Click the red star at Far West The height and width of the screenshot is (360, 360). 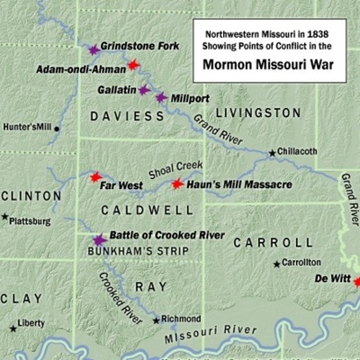[x=96, y=177]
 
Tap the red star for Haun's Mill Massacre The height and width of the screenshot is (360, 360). [x=178, y=184]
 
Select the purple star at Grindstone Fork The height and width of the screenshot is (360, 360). [x=94, y=49]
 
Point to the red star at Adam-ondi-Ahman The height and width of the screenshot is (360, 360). [x=134, y=65]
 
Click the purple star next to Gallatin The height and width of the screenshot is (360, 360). [x=144, y=89]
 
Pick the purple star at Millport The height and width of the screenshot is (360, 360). [x=161, y=97]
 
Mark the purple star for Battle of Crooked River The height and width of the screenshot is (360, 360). [x=99, y=239]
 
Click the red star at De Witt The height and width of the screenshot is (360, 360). [x=357, y=282]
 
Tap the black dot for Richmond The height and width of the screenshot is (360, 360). [x=156, y=319]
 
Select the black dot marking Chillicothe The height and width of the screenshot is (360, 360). [x=273, y=153]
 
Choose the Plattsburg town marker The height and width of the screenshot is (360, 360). [x=4, y=217]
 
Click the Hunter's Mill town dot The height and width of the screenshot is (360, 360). [x=57, y=129]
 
